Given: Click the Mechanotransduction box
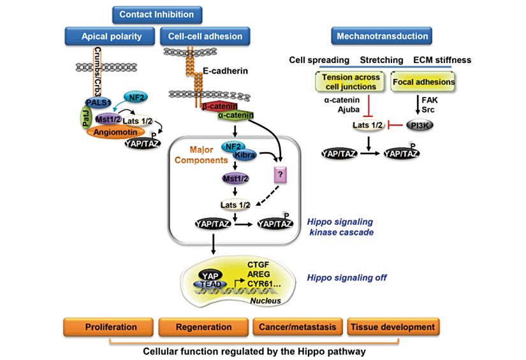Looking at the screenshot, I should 381,36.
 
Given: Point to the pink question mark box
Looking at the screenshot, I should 281,173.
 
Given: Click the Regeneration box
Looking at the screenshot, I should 203,327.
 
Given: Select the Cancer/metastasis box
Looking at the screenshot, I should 296,327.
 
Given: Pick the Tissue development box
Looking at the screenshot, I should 391,327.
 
